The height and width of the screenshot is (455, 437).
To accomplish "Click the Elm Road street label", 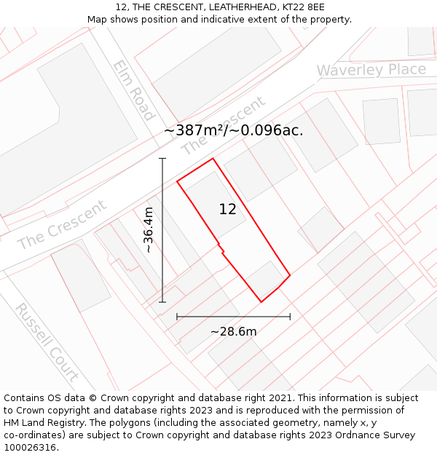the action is pos(133,90).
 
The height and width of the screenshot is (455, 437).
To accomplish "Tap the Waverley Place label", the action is pos(371,70).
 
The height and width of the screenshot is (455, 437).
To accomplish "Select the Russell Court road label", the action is pos(47,341).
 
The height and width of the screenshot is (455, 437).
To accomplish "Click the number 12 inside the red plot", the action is pos(227,210).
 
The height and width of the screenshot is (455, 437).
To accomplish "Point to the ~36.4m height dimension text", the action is pos(149,229).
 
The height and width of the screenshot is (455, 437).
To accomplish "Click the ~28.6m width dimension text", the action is pos(233,332).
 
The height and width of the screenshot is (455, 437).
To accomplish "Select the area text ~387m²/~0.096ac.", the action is pos(233,130).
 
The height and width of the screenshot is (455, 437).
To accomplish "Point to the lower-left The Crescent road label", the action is pos(61,225).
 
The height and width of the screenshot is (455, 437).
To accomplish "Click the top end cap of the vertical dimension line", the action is pos(162,158).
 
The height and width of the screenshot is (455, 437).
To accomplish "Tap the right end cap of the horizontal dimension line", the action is pos(290,317).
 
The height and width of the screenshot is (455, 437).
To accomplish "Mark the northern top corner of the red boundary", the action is pos(213,159).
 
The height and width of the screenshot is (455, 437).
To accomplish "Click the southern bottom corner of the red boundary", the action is pos(261,301).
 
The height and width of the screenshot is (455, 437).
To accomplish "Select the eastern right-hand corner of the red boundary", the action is pos(290,275).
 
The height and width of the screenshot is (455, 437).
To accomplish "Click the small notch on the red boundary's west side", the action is pos(221,251).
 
